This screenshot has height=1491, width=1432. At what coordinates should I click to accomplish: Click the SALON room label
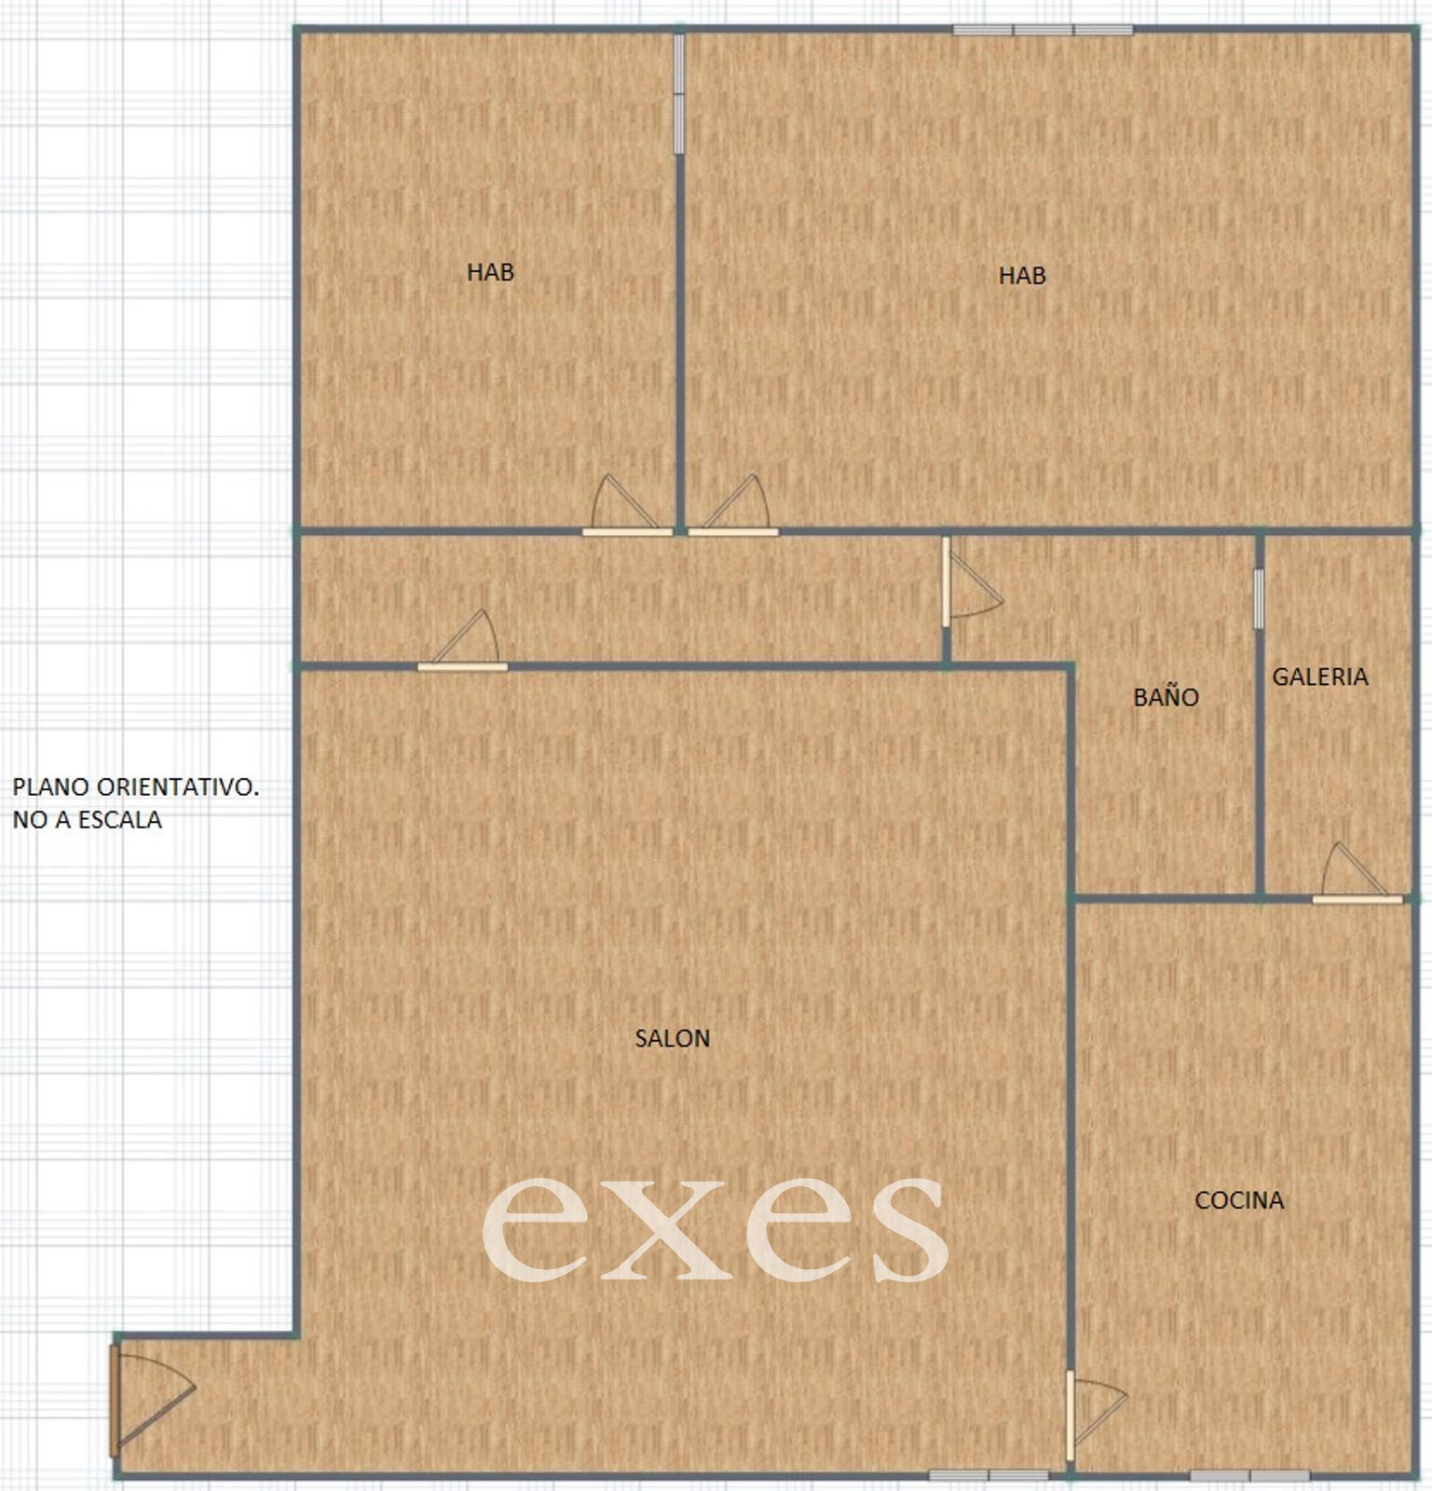[x=672, y=1038]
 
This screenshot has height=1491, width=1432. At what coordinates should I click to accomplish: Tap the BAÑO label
[x=1166, y=696]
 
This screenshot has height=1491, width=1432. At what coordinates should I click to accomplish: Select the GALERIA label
[x=1320, y=677]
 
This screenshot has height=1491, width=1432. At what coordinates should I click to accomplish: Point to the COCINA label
[x=1239, y=1200]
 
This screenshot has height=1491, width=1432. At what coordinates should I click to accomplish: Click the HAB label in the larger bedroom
[x=1022, y=276]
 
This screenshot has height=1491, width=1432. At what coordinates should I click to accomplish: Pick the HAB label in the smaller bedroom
[x=490, y=272]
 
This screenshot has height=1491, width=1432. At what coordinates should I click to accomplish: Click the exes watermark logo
[x=715, y=1228]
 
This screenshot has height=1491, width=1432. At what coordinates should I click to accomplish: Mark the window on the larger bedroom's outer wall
[x=1043, y=30]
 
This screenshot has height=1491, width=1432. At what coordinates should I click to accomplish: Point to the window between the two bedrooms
[x=679, y=93]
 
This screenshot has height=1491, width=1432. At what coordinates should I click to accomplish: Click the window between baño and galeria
[x=1259, y=598]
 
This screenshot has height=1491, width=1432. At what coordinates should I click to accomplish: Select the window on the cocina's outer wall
[x=1250, y=1475]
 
